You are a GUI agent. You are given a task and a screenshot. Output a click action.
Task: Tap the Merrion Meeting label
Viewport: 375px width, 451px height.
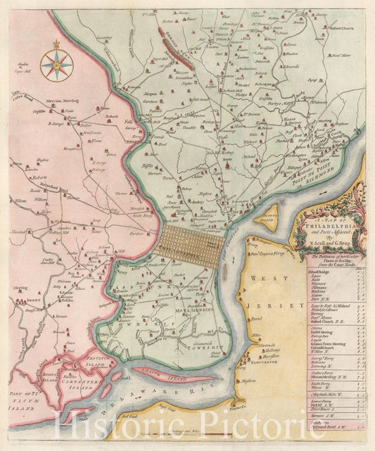click(61, 101)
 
